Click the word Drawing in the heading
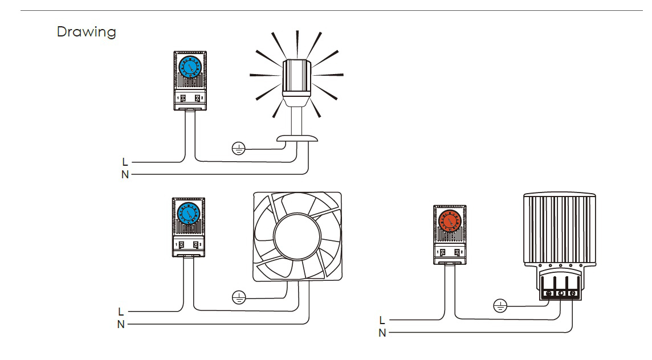[x=86, y=32]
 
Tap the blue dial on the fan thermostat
[x=189, y=214]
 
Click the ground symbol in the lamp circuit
[x=238, y=149]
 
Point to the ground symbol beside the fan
[x=239, y=297]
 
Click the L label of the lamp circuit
[x=125, y=162]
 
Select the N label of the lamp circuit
[x=125, y=174]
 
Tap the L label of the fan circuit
[x=121, y=312]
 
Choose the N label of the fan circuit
[x=121, y=324]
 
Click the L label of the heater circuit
[x=382, y=321]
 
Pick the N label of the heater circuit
[x=382, y=333]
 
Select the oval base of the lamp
[x=296, y=138]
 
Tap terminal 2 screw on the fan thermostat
[x=196, y=244]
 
